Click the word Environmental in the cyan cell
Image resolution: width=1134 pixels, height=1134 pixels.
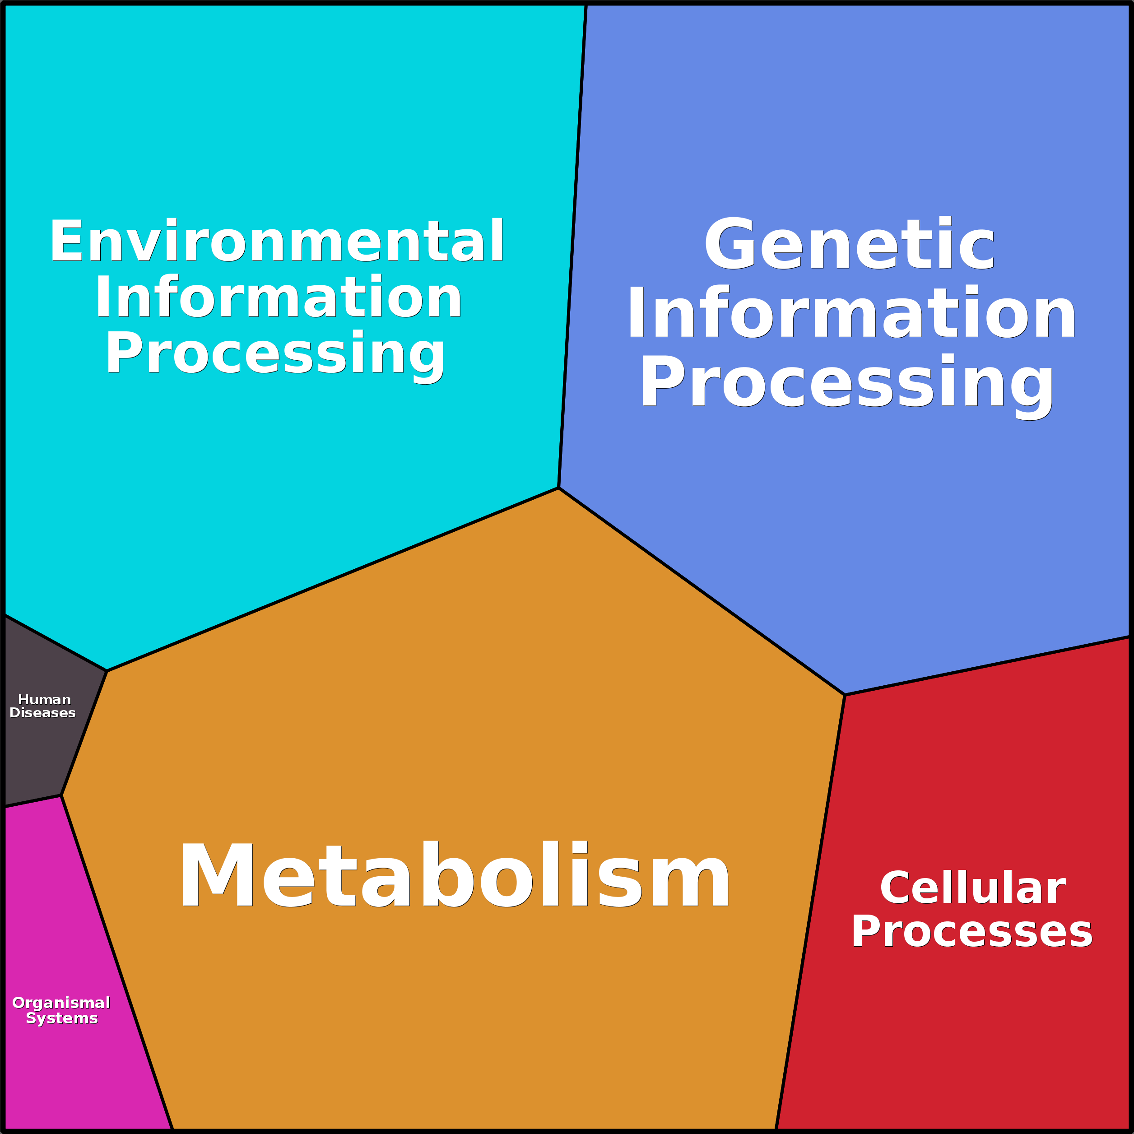[276, 241]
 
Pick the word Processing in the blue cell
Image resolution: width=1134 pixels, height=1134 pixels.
[847, 385]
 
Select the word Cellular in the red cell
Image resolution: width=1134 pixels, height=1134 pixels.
[972, 888]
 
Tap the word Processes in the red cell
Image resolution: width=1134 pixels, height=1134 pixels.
[972, 932]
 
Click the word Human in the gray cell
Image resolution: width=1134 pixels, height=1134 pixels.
[45, 700]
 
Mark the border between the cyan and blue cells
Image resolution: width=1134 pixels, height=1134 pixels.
[572, 245]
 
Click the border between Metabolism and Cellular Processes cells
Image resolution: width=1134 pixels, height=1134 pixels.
[810, 913]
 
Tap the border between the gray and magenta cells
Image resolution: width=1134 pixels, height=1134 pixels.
[33, 801]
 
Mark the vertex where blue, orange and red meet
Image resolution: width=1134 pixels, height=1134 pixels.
[845, 695]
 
